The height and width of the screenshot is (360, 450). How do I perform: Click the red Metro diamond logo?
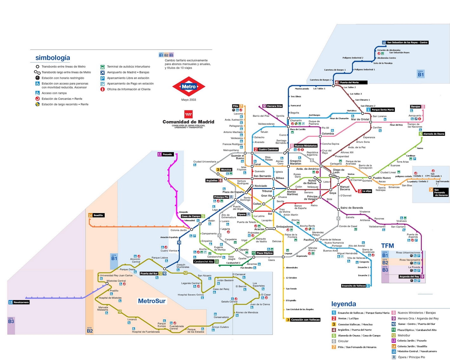pos(189,86)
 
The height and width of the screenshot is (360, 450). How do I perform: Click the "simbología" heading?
pos(53,58)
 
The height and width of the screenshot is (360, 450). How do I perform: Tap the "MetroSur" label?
pos(152,301)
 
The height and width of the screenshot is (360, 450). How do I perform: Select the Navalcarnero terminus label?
pos(21,302)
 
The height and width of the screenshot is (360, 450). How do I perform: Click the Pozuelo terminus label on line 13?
pos(167,154)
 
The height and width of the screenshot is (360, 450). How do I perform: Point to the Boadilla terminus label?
pos(98,215)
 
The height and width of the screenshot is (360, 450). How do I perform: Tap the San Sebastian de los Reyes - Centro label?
pos(407,43)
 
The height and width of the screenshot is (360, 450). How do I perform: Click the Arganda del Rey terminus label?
pos(409,277)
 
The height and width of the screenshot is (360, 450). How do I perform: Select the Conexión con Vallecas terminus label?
pos(305,320)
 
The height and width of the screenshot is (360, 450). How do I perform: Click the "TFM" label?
pos(387,246)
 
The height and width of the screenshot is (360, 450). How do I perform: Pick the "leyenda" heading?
pos(344,304)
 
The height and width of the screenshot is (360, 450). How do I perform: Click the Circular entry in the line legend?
pos(343,341)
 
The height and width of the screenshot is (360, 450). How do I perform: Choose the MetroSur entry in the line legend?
pos(404,336)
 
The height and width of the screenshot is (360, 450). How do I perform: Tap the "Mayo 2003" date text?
pos(189,100)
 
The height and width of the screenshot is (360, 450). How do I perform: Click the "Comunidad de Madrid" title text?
pos(188,122)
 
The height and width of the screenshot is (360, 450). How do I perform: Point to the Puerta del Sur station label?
pos(149,273)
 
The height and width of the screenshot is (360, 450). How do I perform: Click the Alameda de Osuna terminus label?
pos(433,134)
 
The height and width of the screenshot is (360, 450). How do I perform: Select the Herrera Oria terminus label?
pos(274,106)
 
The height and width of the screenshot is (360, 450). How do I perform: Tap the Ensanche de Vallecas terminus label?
pos(354,286)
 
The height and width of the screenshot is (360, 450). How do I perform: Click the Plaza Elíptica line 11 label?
pos(264,253)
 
